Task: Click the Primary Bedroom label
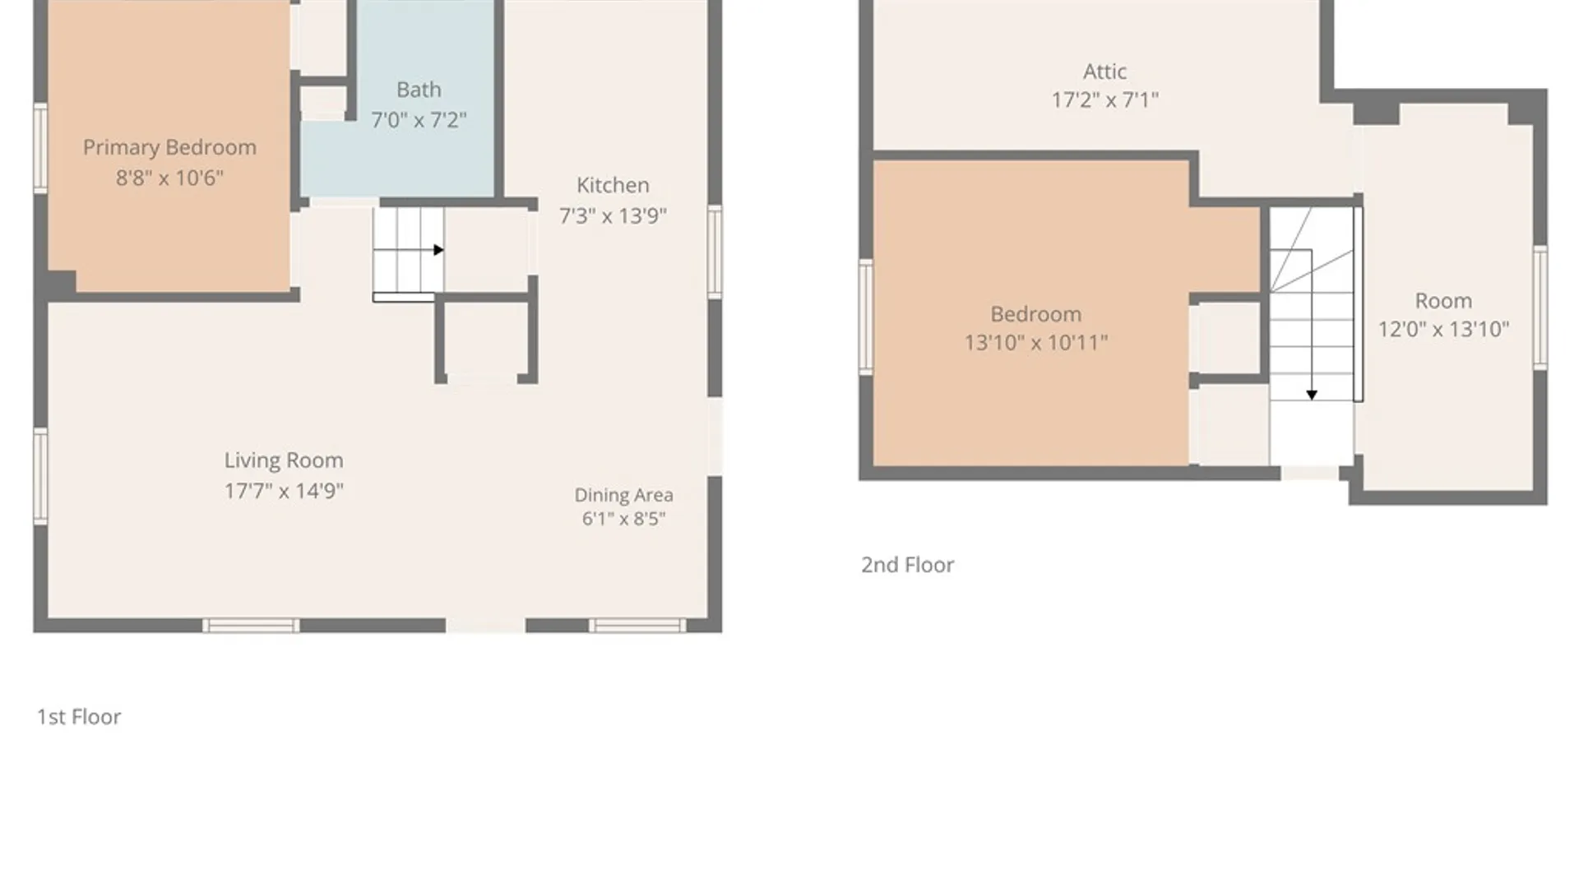(169, 148)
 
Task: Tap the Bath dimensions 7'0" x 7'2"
(419, 120)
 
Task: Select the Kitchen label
(613, 185)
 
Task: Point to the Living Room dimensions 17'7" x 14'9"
(284, 491)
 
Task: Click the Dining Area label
(623, 495)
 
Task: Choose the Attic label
(1104, 72)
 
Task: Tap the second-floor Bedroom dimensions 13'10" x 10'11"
(1036, 342)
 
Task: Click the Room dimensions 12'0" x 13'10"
(1443, 329)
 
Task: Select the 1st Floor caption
(79, 717)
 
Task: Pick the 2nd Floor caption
(907, 565)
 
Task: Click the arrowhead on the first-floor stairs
(438, 250)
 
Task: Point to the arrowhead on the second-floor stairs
(1312, 395)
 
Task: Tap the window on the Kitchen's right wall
(715, 252)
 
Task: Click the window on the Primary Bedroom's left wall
(40, 149)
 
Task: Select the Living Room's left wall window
(40, 476)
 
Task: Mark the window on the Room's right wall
(1540, 307)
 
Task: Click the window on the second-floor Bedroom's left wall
(866, 317)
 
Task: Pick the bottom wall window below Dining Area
(637, 627)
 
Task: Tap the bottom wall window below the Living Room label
(251, 627)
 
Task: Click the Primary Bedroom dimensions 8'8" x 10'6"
(169, 178)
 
